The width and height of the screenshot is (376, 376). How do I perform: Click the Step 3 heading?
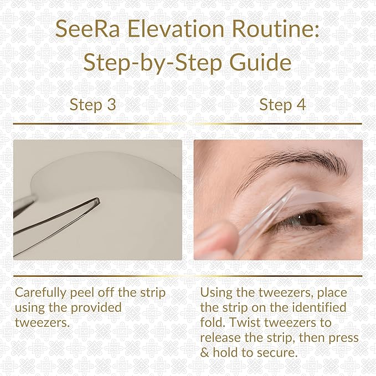click(92, 105)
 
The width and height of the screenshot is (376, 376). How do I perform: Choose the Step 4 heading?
click(282, 105)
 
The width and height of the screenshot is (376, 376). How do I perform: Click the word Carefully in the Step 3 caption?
click(39, 292)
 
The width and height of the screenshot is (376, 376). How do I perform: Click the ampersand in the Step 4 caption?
click(205, 352)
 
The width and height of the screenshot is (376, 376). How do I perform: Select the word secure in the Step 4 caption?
click(282, 352)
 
